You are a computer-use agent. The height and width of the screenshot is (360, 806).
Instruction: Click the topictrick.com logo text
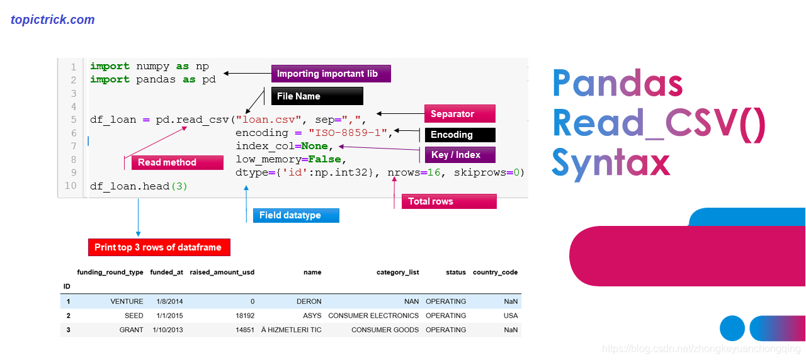point(53,20)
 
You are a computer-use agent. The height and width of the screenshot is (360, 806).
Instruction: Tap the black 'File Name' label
point(317,96)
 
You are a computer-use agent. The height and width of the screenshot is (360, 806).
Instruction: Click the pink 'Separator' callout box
point(460,114)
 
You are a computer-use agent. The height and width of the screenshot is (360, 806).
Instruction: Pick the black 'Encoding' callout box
point(460,135)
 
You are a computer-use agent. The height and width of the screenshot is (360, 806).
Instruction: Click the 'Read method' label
point(177,162)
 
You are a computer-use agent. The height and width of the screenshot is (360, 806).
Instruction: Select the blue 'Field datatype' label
point(295,215)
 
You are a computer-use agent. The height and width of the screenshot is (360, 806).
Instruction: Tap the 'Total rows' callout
point(449,201)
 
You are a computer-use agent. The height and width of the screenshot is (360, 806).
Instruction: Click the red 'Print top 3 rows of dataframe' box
point(159,247)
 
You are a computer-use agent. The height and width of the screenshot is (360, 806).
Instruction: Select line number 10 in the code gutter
point(71,186)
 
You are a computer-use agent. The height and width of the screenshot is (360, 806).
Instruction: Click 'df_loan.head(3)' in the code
point(139,186)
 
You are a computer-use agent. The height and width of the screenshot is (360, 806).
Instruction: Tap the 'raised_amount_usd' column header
point(222,273)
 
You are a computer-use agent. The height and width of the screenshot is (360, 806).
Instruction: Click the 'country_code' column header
point(495,273)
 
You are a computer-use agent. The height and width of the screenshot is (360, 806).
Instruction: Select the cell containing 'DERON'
point(309,301)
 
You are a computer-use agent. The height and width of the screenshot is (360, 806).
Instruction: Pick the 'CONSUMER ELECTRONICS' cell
point(373,315)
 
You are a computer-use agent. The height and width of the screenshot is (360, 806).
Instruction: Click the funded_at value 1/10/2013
point(167,330)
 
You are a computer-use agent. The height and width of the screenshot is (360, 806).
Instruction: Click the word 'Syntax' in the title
point(610,162)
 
